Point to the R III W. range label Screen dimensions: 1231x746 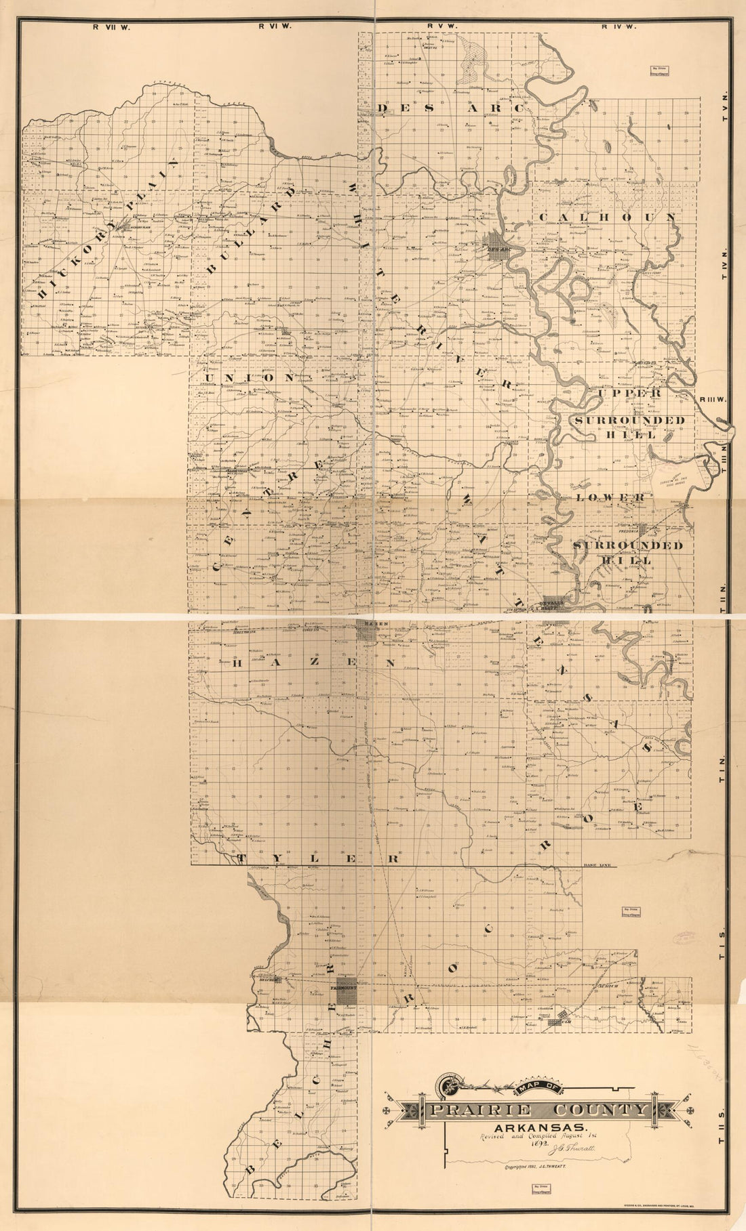tap(711, 399)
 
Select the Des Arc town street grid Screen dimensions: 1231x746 tap(499, 244)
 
